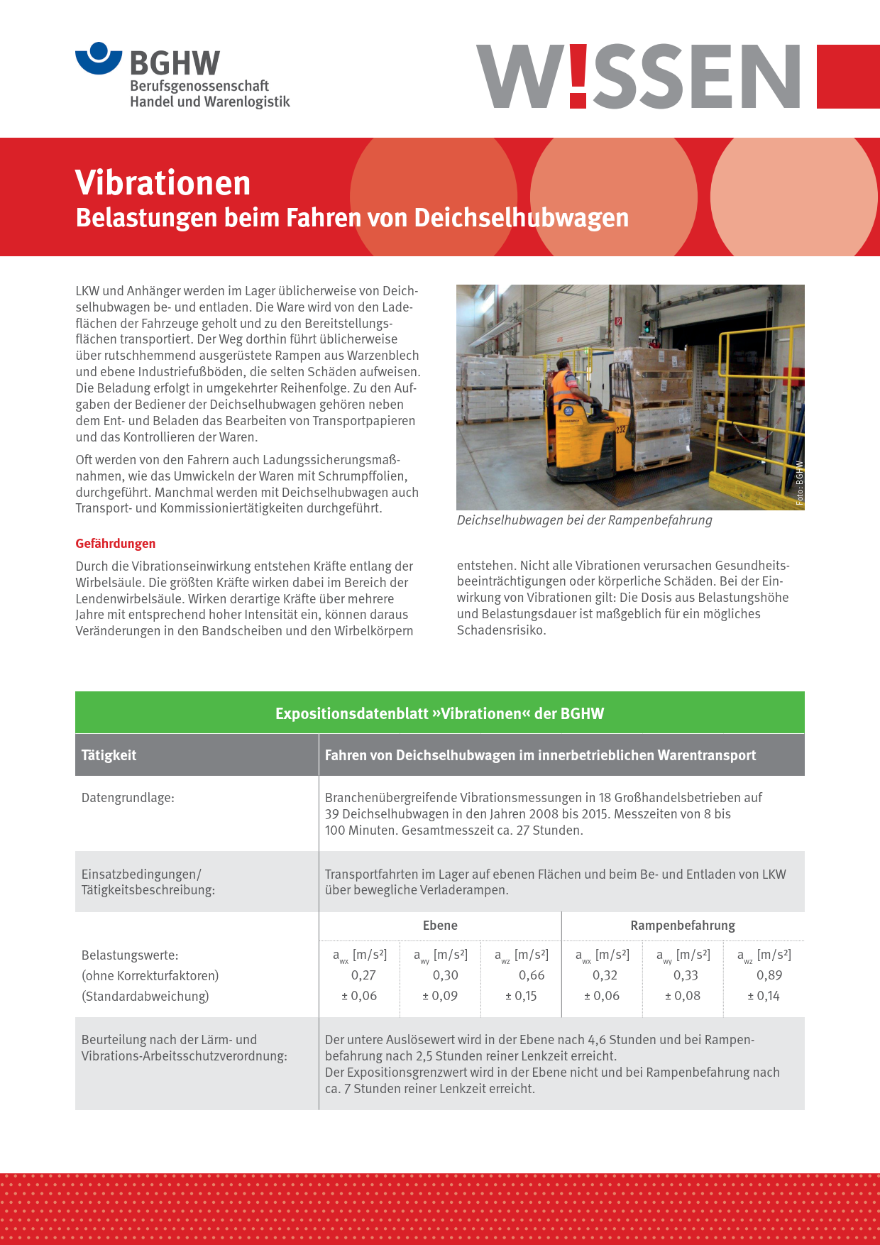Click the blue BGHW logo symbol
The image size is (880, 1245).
point(99,58)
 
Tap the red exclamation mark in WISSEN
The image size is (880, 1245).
point(578,76)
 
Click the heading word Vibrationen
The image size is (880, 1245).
point(163,182)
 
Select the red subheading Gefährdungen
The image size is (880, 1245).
point(116,544)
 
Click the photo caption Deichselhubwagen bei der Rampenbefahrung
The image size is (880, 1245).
point(584,520)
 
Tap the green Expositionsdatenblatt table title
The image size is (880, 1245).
point(439,713)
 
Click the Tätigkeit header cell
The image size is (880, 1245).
point(109,755)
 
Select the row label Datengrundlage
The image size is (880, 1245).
point(128,798)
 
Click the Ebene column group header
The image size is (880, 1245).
point(440,926)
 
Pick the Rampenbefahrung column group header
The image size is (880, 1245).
point(683,926)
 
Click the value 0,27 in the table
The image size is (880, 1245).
point(363,975)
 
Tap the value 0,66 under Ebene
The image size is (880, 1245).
point(532,975)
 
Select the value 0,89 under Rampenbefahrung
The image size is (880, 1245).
point(769,975)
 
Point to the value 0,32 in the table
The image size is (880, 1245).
point(605,975)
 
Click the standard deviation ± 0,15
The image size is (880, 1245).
point(521,996)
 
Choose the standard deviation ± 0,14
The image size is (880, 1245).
point(764,996)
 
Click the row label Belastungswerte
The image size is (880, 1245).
point(130,955)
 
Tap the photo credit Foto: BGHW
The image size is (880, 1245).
point(799,483)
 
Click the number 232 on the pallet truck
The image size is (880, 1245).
point(621,429)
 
